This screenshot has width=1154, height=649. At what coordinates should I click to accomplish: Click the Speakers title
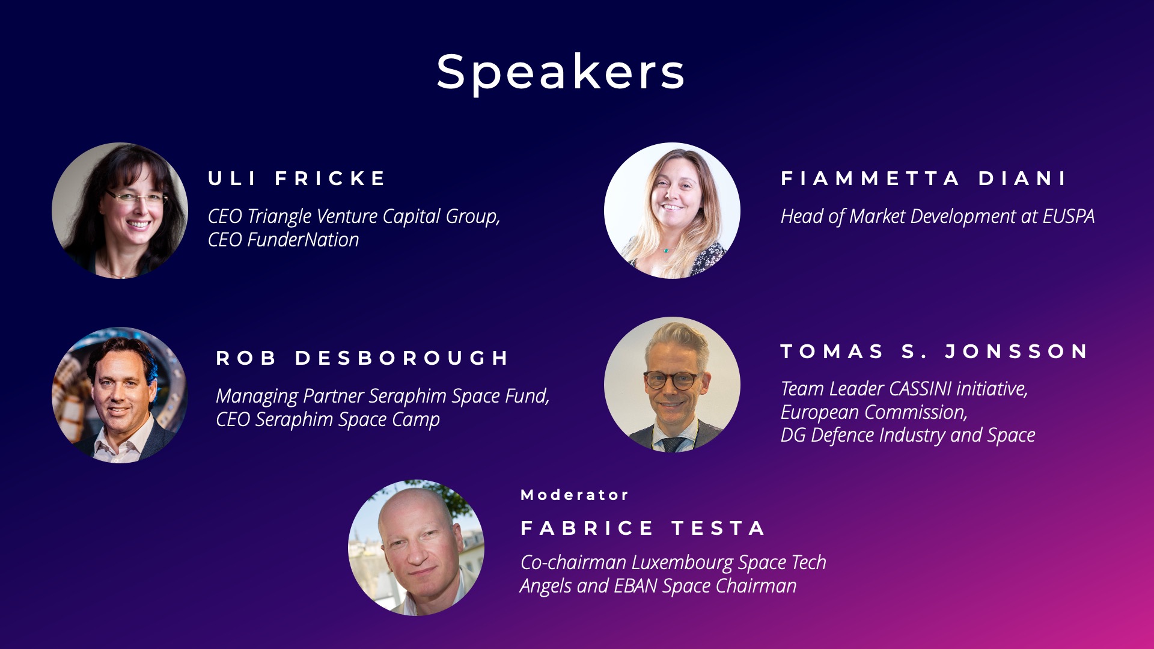560,72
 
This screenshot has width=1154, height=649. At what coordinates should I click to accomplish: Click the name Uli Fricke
297,178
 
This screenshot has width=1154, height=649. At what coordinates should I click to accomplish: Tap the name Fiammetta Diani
923,178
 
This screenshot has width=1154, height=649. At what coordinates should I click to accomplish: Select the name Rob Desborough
362,358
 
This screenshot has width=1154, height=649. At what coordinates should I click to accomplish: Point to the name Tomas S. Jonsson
935,352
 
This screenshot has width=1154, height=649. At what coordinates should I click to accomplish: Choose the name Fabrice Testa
643,528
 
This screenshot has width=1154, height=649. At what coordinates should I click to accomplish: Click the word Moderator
575,495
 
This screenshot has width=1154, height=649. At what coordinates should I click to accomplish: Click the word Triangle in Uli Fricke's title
279,217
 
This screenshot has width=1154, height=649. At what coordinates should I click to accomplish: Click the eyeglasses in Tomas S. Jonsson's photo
672,380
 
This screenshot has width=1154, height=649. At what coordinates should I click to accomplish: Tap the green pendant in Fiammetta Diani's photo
666,250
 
